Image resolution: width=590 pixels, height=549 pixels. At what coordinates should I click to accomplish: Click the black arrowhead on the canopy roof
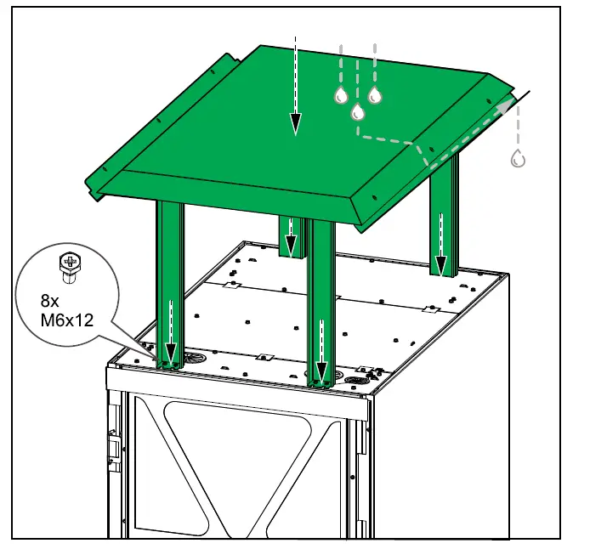tap(294, 125)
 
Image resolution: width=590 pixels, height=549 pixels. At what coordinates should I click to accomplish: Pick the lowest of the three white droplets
tap(357, 112)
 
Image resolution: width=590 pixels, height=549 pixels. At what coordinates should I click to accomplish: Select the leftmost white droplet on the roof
tap(341, 95)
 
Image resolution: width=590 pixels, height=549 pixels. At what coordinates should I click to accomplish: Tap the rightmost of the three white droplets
tap(373, 95)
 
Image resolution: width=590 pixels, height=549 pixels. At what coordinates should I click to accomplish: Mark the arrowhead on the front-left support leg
tap(170, 351)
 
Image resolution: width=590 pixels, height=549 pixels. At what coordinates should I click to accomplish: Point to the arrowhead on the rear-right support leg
tap(441, 264)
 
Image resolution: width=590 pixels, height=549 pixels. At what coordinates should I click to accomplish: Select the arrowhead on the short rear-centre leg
tap(291, 246)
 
